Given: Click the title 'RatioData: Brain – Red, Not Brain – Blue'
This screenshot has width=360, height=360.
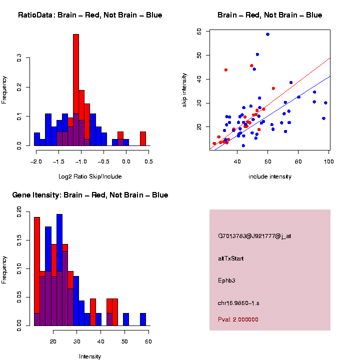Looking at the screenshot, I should [90, 15].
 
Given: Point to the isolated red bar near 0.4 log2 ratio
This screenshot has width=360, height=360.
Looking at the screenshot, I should [143, 138].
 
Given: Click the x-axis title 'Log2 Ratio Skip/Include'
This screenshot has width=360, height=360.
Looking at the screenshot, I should [90, 176].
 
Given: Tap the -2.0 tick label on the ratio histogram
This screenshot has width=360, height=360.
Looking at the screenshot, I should [35, 161].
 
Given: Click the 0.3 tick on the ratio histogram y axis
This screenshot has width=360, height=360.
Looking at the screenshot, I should [19, 58].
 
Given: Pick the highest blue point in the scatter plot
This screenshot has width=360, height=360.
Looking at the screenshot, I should [267, 34].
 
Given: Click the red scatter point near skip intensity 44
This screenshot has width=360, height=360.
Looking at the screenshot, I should [226, 70].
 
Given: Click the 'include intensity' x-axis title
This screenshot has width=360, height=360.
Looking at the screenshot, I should [270, 176].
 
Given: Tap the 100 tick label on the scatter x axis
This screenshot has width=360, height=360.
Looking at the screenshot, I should [328, 161].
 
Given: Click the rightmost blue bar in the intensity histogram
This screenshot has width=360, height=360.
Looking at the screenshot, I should [143, 319].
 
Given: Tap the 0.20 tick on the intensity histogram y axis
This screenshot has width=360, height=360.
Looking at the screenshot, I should [19, 212].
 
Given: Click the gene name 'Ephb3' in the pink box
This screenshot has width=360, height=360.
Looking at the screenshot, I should [227, 280].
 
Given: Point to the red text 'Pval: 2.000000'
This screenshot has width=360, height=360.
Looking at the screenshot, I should [238, 319].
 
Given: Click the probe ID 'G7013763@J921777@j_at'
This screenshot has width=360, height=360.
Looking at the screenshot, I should [254, 236].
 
